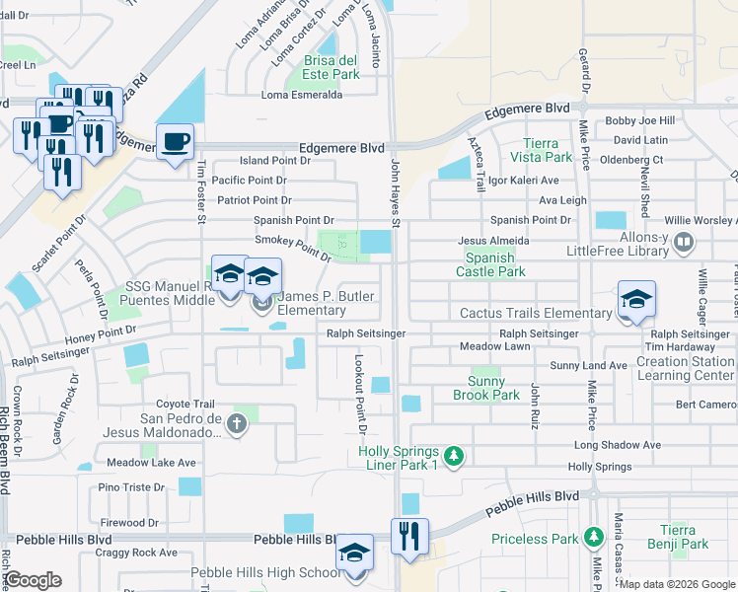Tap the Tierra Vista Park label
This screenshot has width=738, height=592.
coord(541,150)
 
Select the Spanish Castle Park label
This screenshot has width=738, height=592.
coord(489,263)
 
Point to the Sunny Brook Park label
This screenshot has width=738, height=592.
coord(486,388)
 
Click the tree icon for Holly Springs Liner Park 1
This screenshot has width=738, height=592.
coord(453,456)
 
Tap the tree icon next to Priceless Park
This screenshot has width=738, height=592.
coord(593,538)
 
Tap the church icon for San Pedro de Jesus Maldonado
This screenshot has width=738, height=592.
coord(235,424)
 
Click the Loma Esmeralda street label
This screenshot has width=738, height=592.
coord(301,95)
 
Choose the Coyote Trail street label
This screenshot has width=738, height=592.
coord(185,404)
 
